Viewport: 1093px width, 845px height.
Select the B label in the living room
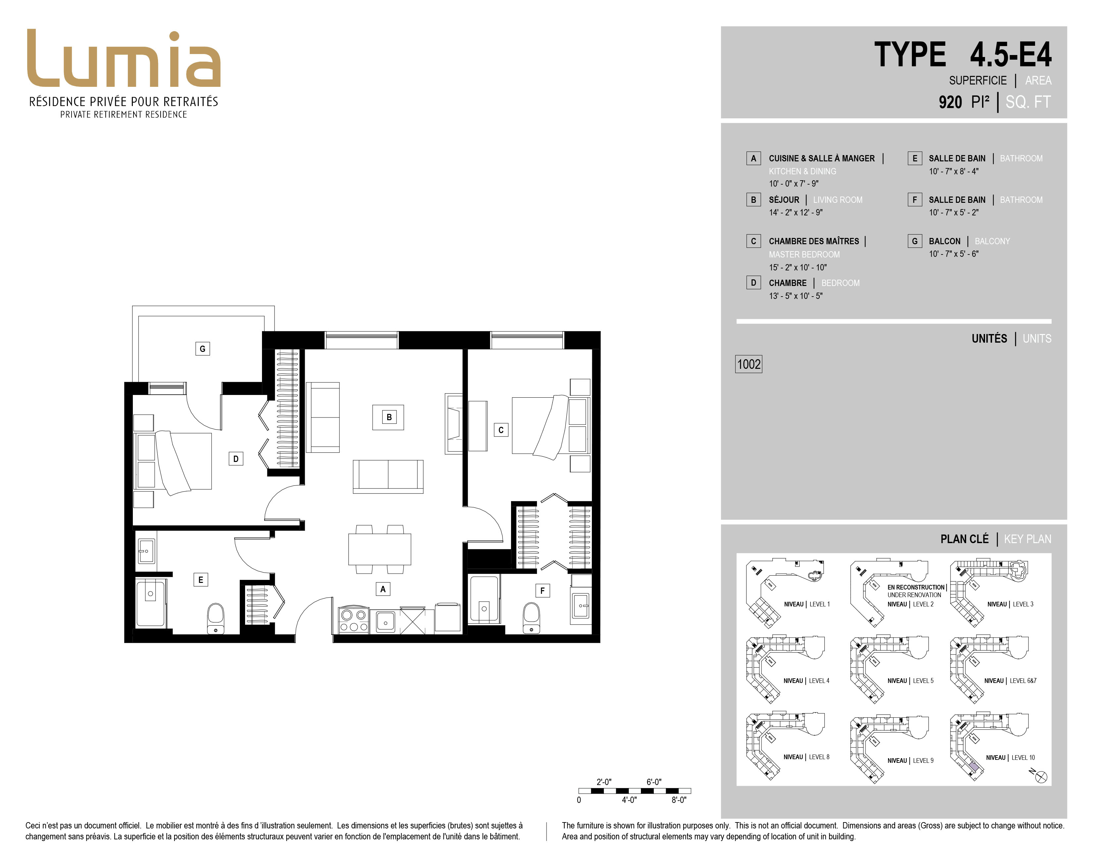pos(389,417)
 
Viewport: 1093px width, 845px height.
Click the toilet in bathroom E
pos(216,618)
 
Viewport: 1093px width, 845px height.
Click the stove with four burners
pos(354,620)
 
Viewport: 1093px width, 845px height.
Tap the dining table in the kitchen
pos(380,549)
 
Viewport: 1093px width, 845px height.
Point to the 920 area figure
pos(950,102)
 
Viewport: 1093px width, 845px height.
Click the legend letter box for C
pos(753,241)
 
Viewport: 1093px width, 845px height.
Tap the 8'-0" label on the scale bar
pos(679,800)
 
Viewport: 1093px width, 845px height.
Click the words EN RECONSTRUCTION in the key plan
pos(916,587)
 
